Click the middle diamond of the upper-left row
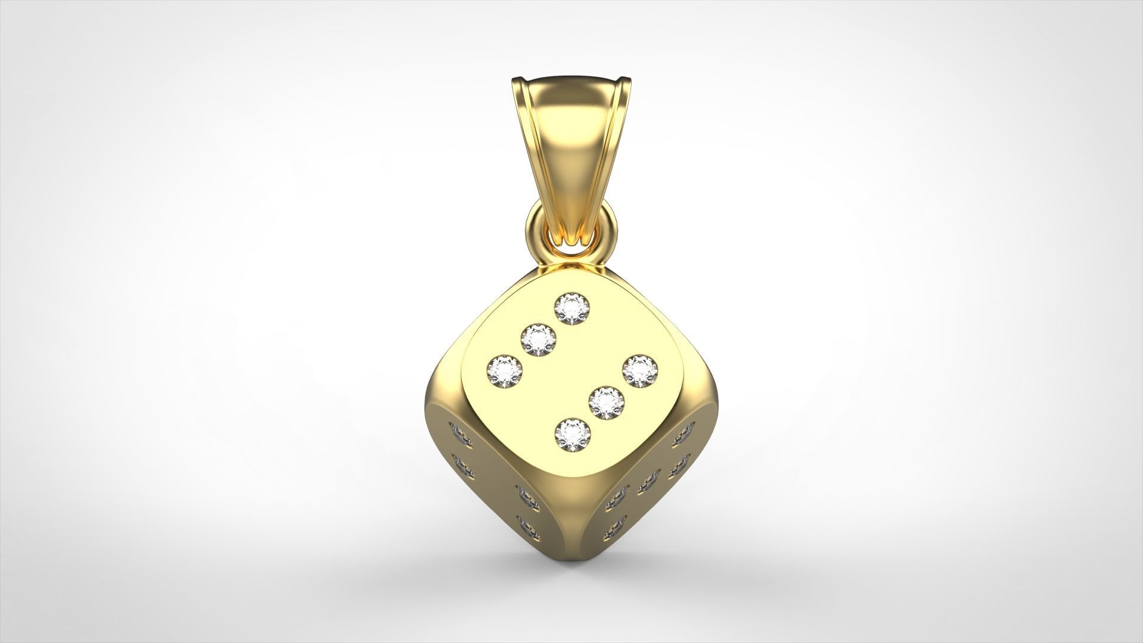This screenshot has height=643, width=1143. pos(538,339)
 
